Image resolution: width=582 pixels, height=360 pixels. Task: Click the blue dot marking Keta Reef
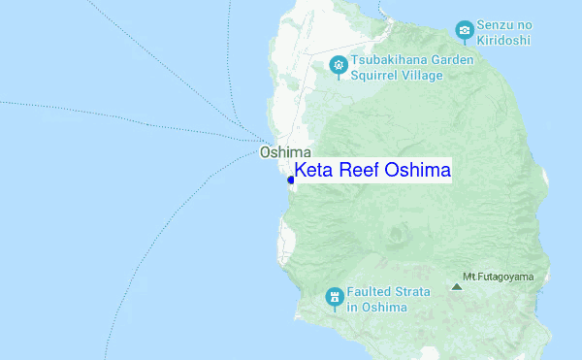tap(292, 180)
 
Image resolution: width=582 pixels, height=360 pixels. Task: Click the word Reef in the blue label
tap(360, 172)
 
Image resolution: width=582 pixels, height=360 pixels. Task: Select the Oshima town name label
tap(285, 152)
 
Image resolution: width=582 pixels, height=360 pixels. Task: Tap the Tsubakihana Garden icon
tap(339, 65)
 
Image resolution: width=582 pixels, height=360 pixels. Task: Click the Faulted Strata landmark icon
tap(334, 295)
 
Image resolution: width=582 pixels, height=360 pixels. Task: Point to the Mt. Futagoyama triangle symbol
tap(457, 286)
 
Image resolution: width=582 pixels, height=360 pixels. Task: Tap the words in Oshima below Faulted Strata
tap(377, 308)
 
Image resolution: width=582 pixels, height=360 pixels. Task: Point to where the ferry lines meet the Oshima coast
tap(260, 139)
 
